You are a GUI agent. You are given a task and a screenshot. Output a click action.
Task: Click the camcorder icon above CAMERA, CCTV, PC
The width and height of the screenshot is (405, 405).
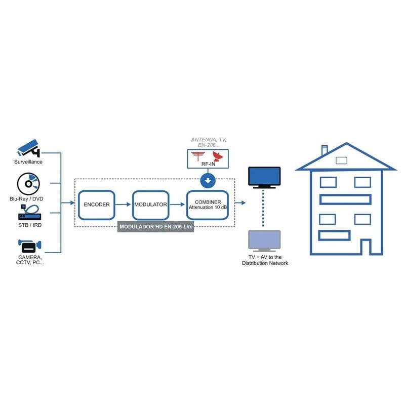[29, 247]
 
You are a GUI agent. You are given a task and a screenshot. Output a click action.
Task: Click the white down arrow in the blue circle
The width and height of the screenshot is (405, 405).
[208, 180]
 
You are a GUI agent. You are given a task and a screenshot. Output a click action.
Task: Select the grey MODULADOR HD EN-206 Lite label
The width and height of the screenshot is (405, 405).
[156, 227]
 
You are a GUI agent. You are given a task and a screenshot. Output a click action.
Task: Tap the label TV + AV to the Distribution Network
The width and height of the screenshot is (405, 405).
[264, 260]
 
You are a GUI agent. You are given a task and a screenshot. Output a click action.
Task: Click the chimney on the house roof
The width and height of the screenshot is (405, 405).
[325, 150]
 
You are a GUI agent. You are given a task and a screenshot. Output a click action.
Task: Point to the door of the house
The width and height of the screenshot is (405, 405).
[366, 247]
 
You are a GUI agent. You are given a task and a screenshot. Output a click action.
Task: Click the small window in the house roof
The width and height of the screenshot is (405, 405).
[342, 160]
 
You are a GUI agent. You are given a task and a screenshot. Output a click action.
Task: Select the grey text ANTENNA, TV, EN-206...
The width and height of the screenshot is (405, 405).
[208, 142]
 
